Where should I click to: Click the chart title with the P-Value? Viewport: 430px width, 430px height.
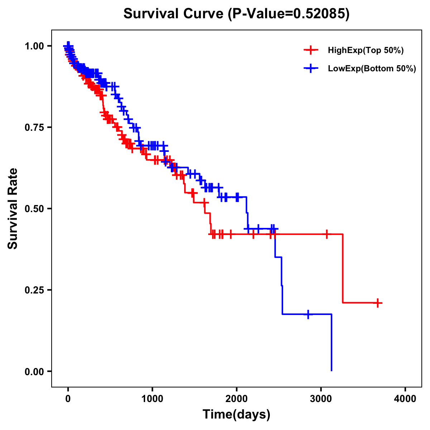tap(236, 14)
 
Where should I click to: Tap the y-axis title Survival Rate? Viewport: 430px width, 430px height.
tap(13, 208)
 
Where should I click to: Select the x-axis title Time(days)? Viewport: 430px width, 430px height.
tap(236, 414)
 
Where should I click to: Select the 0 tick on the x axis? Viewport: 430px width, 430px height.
tap(68, 398)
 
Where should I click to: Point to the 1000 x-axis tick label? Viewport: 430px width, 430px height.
tap(152, 398)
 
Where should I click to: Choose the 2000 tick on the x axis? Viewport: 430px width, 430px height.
tap(236, 398)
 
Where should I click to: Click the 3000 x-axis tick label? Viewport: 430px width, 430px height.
tap(321, 398)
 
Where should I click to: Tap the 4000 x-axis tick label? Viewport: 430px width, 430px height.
tap(405, 398)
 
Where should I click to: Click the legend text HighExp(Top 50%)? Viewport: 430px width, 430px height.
tap(366, 51)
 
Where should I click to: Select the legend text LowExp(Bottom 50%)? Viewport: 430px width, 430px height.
tap(372, 69)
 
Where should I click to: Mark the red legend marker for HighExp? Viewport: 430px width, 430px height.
tap(311, 51)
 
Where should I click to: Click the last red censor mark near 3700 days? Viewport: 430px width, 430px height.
tap(377, 303)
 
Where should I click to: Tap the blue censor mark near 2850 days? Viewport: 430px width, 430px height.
tap(308, 314)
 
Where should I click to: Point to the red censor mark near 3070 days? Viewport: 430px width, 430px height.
tap(326, 234)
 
